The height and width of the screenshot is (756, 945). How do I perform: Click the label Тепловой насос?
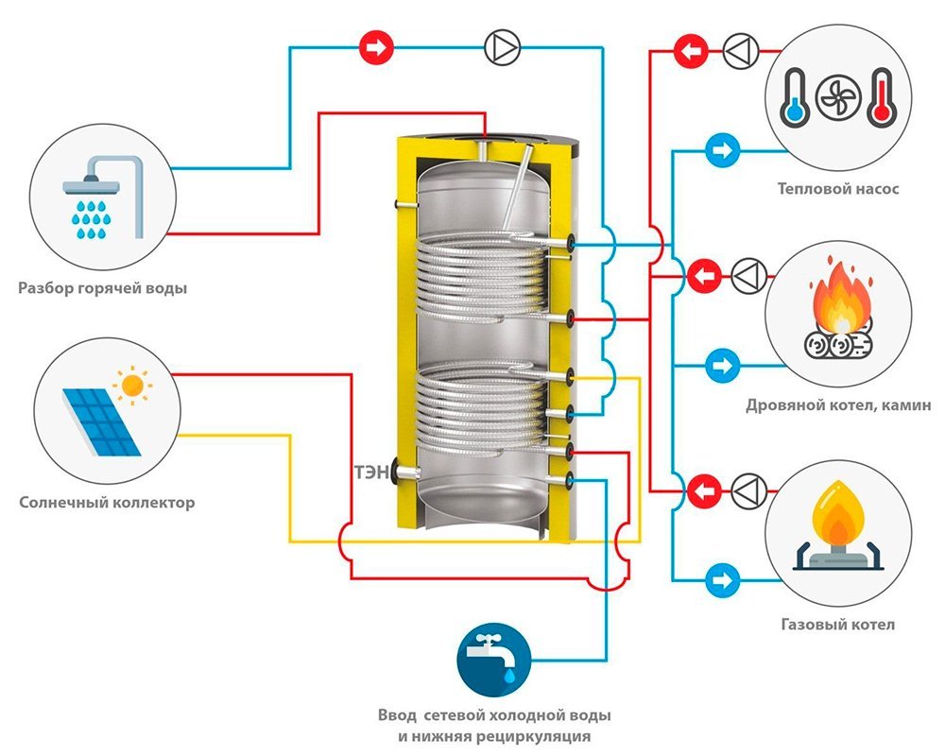coord(837,189)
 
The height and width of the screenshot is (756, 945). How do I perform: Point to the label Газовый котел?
coord(837,625)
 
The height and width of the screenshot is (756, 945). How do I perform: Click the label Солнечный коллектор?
coord(107,503)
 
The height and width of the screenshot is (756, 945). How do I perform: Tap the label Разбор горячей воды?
coord(102,287)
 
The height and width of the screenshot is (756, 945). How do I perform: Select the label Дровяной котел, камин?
coord(837,405)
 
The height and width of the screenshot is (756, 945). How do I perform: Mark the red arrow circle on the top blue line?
coord(376,47)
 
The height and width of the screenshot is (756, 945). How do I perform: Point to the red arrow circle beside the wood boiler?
coord(701,276)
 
